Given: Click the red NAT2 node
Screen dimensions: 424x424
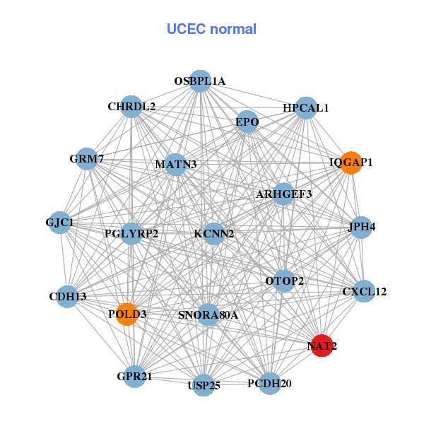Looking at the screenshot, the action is click(x=322, y=346).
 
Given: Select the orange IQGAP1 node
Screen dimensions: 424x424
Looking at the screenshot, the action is click(x=351, y=163).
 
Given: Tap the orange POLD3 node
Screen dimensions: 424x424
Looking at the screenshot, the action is click(x=127, y=314).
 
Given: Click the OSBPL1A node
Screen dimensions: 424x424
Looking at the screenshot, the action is click(x=200, y=81).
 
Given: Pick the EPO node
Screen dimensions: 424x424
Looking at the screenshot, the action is click(x=247, y=122).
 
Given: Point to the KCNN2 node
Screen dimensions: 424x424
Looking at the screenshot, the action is click(x=213, y=234).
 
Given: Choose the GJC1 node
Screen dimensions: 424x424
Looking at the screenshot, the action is click(x=60, y=223).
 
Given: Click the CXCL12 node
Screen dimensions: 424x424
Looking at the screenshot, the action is click(x=364, y=291).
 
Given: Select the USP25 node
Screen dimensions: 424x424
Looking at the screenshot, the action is click(x=204, y=385).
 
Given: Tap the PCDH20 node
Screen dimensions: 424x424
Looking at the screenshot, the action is click(x=270, y=384).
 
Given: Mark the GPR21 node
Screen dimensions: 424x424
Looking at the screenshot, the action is click(x=134, y=377).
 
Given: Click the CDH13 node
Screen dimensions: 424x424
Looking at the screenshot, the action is click(x=67, y=297).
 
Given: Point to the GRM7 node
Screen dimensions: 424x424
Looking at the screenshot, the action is click(x=87, y=159).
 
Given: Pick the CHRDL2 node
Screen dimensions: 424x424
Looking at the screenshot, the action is click(x=131, y=107).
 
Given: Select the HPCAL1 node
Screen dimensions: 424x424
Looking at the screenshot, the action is click(x=306, y=108).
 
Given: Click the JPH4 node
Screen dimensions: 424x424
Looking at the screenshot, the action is click(x=361, y=227).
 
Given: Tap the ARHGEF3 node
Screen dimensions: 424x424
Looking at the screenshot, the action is click(x=283, y=194).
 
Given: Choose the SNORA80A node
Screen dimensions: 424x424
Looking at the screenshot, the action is click(x=208, y=314).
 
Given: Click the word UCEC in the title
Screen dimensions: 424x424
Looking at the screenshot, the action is click(x=187, y=29).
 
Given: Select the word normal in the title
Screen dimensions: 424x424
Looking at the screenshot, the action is click(x=233, y=29).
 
